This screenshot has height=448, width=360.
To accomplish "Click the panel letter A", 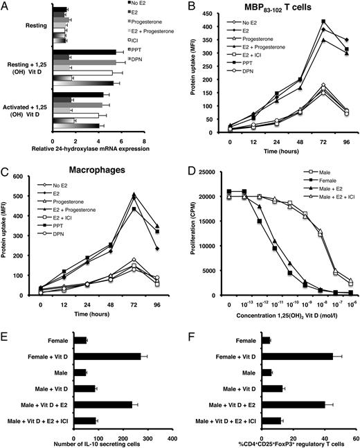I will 6,6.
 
